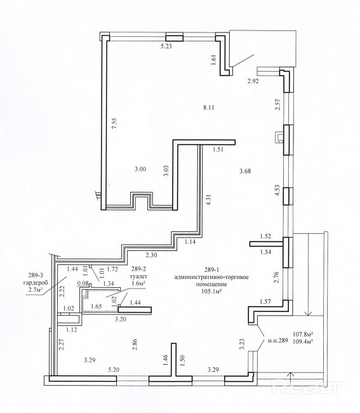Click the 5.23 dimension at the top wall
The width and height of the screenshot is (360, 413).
click(x=166, y=46)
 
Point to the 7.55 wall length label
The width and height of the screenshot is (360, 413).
click(x=114, y=123)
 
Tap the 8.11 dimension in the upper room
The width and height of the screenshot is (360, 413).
click(x=209, y=107)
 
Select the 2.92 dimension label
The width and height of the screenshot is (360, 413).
click(x=253, y=81)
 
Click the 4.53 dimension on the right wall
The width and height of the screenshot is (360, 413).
click(x=277, y=190)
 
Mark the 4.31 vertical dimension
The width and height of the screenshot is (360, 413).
click(x=209, y=200)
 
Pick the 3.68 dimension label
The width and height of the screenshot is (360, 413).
click(x=245, y=171)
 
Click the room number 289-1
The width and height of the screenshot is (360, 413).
click(x=212, y=269)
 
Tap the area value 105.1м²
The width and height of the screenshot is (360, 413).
click(x=211, y=291)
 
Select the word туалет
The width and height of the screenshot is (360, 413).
click(x=139, y=276)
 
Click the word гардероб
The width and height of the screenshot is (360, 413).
click(x=36, y=283)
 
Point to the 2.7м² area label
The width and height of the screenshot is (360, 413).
click(x=36, y=290)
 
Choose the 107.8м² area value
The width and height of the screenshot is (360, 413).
click(x=303, y=334)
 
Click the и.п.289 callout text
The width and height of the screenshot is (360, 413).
click(x=278, y=341)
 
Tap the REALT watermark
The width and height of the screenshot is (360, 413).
click(x=306, y=388)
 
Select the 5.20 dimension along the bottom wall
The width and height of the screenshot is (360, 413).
click(x=114, y=370)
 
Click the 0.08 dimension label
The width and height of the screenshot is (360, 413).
click(x=83, y=283)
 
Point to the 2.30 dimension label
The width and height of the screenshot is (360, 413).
click(x=151, y=255)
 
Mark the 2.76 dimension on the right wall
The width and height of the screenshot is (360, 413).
click(x=276, y=277)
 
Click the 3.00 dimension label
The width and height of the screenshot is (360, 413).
click(x=140, y=169)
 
